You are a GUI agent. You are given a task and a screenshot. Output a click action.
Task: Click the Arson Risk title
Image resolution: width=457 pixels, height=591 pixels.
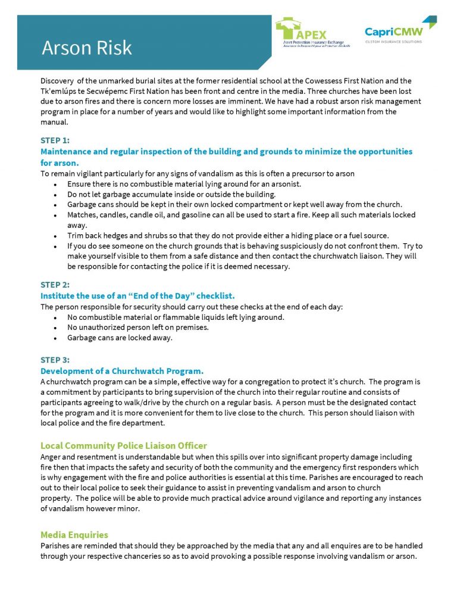pyautogui.click(x=87, y=48)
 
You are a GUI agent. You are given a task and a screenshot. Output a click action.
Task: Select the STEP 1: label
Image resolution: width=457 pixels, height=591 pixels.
pyautogui.click(x=55, y=141)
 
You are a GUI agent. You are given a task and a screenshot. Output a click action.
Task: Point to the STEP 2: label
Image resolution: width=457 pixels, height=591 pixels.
pyautogui.click(x=55, y=285)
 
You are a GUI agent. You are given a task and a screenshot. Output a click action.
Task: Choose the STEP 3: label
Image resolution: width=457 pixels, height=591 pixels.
pyautogui.click(x=55, y=360)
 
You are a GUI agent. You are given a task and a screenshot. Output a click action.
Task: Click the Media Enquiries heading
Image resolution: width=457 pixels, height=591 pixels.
pyautogui.click(x=74, y=535)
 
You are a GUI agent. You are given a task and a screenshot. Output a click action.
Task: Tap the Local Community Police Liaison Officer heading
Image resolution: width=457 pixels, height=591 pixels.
pyautogui.click(x=123, y=445)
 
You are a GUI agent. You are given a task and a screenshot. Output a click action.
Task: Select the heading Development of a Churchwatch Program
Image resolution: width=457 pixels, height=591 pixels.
pyautogui.click(x=122, y=370)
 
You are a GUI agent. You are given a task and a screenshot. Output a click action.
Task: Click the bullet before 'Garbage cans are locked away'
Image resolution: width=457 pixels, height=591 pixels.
pyautogui.click(x=55, y=338)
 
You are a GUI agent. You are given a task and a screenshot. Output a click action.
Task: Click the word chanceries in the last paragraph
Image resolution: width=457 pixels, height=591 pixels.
pyautogui.click(x=190, y=557)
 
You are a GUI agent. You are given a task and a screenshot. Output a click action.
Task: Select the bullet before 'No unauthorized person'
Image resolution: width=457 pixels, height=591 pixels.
pyautogui.click(x=55, y=328)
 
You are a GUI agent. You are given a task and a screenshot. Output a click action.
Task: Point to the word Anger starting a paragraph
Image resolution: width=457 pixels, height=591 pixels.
pyautogui.click(x=51, y=457)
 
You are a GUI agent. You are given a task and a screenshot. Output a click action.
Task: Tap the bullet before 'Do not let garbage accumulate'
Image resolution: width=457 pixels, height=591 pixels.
pyautogui.click(x=55, y=194)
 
